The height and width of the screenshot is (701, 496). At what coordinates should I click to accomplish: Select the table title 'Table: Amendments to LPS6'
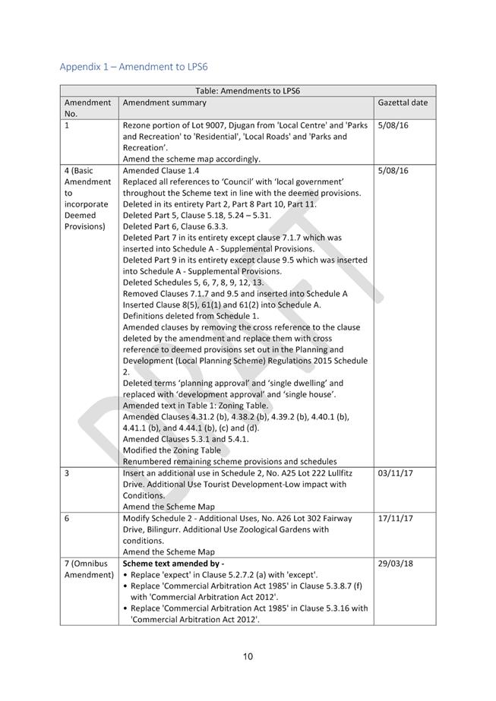point(248,90)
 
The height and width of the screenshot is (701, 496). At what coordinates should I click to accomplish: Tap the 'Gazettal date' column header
point(403,102)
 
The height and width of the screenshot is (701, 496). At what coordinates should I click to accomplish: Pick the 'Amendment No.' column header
point(88,107)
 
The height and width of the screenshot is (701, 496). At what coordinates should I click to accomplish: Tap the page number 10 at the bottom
point(248,657)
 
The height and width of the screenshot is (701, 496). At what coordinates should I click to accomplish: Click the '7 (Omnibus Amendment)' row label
point(89,570)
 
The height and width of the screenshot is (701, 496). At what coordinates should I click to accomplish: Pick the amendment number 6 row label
point(68,519)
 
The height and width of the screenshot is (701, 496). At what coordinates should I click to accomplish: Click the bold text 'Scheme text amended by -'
point(173,564)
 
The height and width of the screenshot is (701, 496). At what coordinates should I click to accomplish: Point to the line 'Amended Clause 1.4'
point(161,171)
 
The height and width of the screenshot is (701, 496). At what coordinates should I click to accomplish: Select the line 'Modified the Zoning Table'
point(173,450)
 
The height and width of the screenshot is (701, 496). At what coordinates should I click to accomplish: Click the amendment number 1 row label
point(68,125)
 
